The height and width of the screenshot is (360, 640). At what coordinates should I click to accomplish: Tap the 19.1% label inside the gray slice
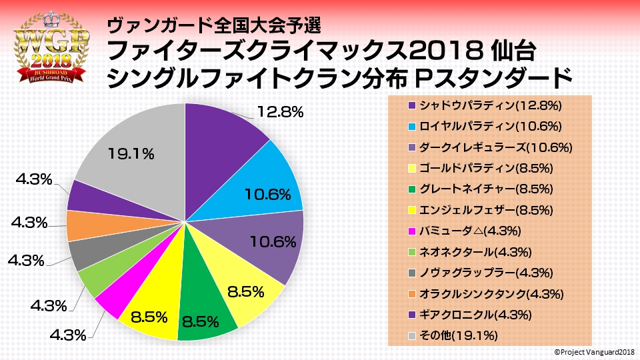point(131,153)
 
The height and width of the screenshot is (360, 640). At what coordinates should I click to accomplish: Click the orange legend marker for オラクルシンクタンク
point(413,293)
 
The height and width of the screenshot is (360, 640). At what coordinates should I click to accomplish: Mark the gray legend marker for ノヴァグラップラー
point(413,273)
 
